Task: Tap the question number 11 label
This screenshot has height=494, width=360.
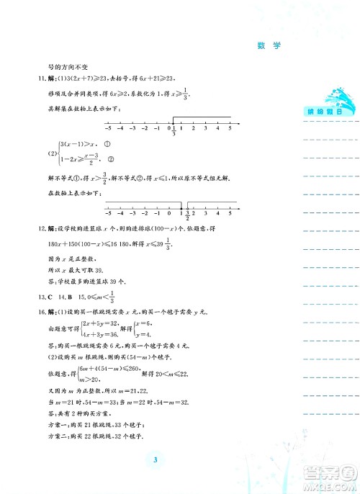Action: pos(42,78)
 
